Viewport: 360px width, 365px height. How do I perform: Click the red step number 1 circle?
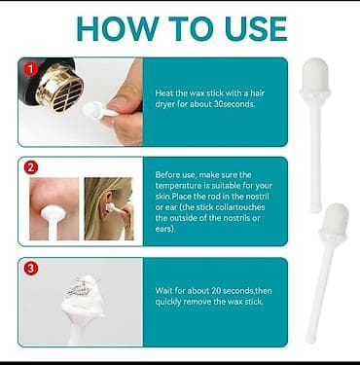[x=31, y=69]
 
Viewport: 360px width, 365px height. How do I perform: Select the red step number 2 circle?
[x=31, y=167]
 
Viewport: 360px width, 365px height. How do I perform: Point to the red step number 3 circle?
[x=31, y=269]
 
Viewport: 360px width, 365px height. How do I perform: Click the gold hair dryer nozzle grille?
[x=61, y=89]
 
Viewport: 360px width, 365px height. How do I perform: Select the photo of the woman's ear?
[x=109, y=208]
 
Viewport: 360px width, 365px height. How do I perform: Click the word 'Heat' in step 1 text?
[x=164, y=93]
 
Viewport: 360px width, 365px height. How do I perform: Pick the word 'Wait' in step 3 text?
[x=162, y=290]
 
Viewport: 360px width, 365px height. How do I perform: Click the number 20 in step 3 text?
[x=216, y=290]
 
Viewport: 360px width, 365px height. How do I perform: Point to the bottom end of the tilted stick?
[x=309, y=341]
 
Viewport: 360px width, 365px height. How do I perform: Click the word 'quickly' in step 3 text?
[x=168, y=302]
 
